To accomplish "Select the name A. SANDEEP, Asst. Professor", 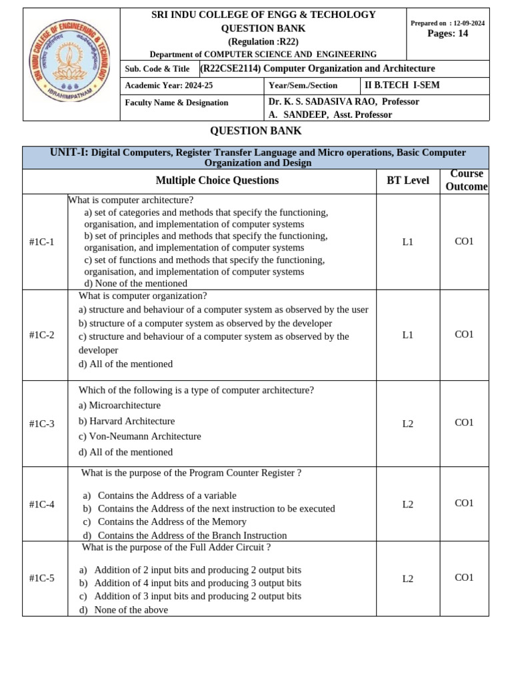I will (x=330, y=115).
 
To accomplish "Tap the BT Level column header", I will (x=408, y=180).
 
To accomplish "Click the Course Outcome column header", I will (x=466, y=180).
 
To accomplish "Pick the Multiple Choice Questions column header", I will (x=217, y=180).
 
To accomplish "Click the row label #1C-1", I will (x=42, y=242).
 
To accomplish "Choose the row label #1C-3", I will (x=42, y=424).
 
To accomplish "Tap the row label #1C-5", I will (x=42, y=578).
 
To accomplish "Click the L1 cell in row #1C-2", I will (x=408, y=335).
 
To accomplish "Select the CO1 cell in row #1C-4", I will (x=464, y=504).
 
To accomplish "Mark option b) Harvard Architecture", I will (x=127, y=421).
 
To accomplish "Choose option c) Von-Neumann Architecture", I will (x=139, y=436).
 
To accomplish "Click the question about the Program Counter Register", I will (x=191, y=473).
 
